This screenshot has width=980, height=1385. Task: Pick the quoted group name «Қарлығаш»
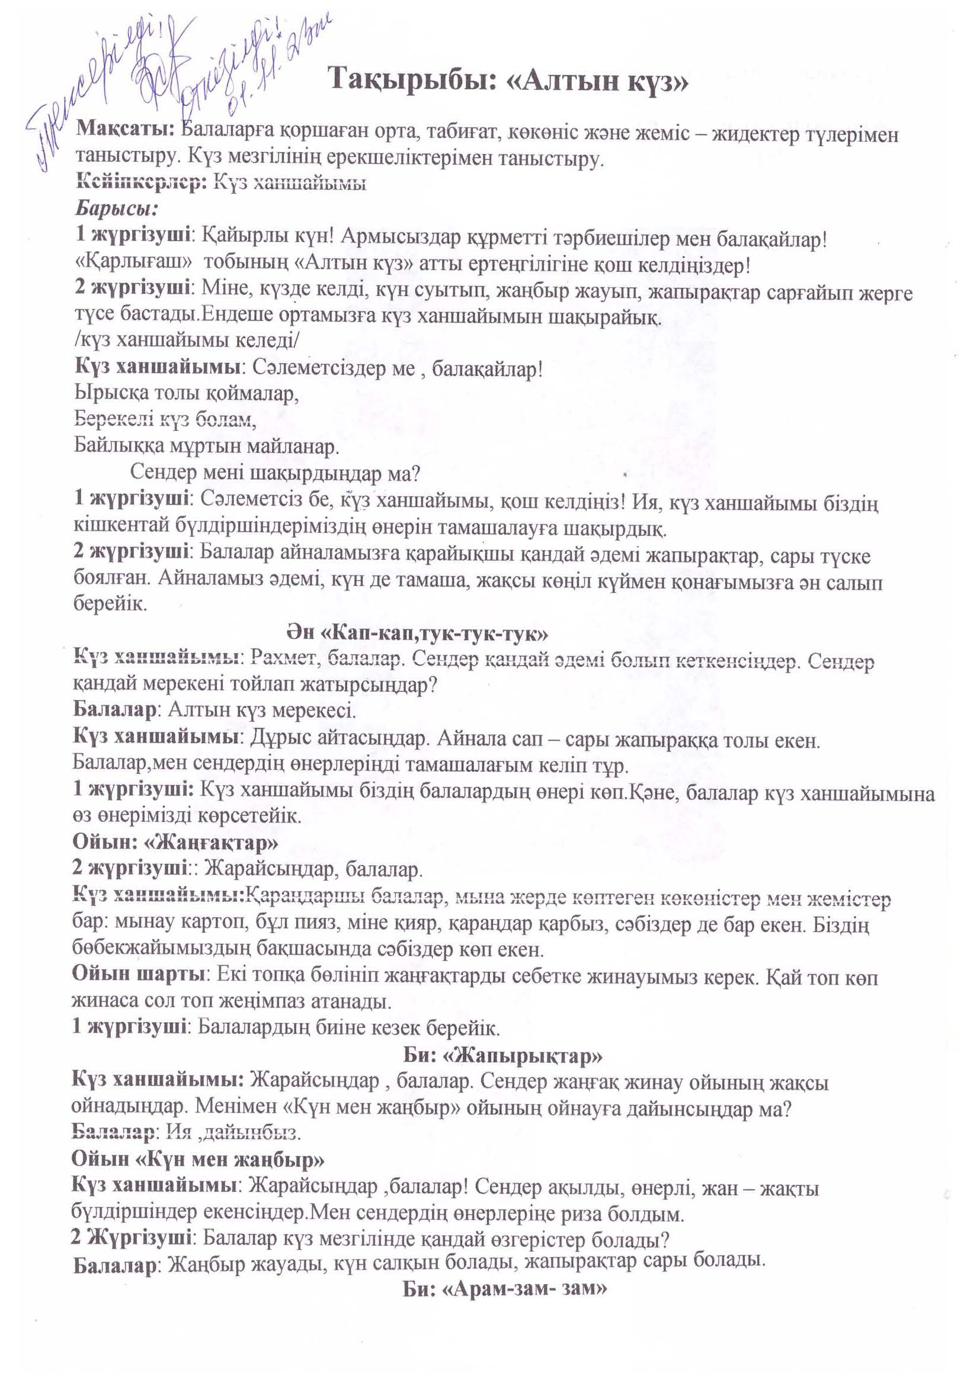coord(133,265)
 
